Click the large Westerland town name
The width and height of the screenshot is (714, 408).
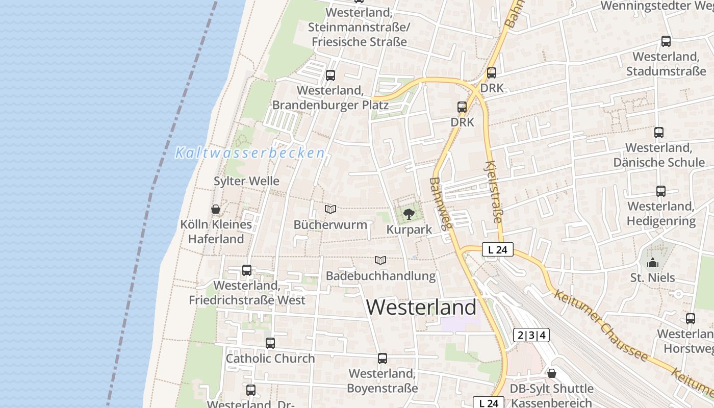[421, 308]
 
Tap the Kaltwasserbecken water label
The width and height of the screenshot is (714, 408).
[250, 153]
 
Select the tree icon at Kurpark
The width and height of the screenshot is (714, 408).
[409, 214]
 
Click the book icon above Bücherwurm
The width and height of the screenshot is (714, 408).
[330, 209]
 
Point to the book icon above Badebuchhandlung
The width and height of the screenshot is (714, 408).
[380, 260]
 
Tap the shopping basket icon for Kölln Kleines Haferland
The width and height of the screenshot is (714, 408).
[216, 209]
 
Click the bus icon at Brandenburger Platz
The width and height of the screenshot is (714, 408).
[330, 75]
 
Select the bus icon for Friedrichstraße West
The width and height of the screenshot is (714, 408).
[247, 270]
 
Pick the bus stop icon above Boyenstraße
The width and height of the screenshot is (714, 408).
[382, 359]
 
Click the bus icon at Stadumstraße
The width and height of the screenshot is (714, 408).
[666, 41]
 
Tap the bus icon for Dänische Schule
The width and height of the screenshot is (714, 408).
[659, 133]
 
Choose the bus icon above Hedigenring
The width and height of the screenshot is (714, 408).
[661, 191]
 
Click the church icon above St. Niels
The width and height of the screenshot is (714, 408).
[653, 263]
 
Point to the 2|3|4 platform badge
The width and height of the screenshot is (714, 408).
[531, 335]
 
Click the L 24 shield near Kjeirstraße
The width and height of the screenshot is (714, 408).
[497, 250]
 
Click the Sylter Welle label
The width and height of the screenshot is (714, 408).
[246, 181]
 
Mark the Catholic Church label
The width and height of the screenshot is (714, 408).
[270, 359]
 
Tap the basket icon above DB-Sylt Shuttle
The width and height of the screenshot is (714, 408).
[551, 373]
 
